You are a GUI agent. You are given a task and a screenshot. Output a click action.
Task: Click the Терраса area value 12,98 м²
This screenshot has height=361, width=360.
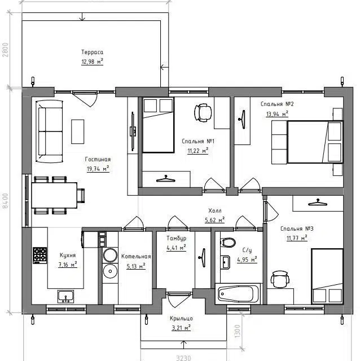[92, 61]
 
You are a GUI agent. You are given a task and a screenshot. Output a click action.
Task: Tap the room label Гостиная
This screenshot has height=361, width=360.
[98, 159]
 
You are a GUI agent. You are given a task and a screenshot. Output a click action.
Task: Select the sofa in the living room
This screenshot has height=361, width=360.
[49, 131]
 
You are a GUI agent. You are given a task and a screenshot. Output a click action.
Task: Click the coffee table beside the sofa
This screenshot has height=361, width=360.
[78, 131]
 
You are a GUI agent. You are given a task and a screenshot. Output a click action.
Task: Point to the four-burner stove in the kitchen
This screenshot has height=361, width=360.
[40, 256]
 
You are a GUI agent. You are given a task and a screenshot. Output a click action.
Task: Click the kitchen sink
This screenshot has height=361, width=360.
[65, 297]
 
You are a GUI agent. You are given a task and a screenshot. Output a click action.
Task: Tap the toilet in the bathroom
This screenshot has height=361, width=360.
[228, 243]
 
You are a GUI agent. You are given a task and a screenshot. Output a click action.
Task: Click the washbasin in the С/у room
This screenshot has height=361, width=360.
[225, 262]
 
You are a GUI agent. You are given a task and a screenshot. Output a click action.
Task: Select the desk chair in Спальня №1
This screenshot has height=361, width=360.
[203, 113]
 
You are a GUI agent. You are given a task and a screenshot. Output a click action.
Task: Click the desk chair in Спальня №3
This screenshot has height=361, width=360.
[280, 279]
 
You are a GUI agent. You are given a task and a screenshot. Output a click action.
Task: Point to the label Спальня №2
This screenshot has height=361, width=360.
[277, 104]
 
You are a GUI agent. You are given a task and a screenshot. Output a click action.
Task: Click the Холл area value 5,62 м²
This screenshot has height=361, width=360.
[214, 220]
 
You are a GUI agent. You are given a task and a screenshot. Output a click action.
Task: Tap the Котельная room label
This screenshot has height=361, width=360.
[136, 257]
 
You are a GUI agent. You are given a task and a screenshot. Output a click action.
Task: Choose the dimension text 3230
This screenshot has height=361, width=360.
[183, 358]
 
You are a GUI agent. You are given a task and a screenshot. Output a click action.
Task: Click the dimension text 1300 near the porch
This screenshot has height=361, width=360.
[238, 332]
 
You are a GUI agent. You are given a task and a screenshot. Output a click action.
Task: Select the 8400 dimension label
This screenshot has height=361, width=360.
[5, 201]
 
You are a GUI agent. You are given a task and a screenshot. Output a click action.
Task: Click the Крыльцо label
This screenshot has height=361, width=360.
[181, 319]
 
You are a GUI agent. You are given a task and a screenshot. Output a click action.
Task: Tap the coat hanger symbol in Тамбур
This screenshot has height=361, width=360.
[203, 258]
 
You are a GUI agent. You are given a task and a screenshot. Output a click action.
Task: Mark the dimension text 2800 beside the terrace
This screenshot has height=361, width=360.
[5, 50]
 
